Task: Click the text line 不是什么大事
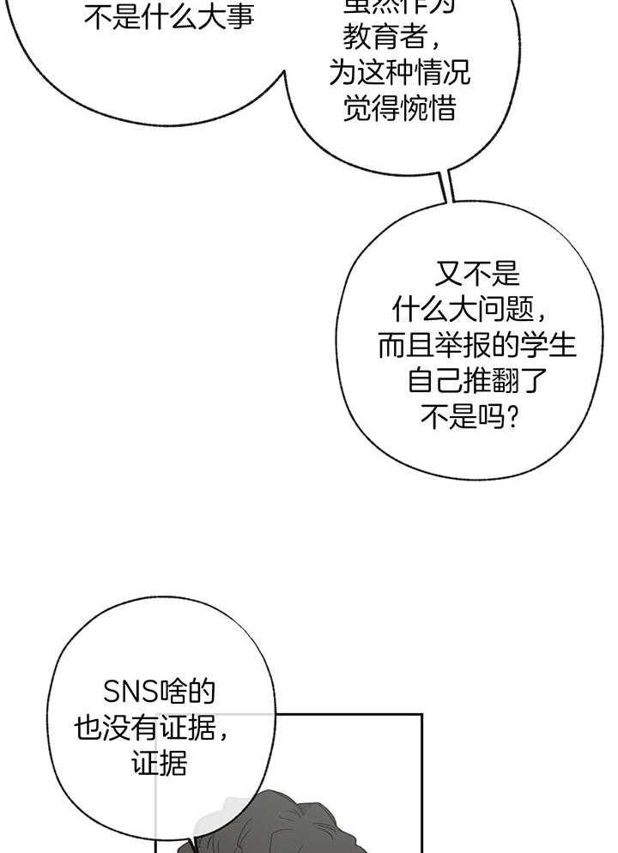(x=169, y=16)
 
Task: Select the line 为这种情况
(x=398, y=73)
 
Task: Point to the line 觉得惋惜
(x=398, y=109)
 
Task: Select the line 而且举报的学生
(x=476, y=345)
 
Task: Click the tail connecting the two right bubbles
(x=447, y=187)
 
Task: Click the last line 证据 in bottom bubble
(x=159, y=764)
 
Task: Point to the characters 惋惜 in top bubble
(x=427, y=109)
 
